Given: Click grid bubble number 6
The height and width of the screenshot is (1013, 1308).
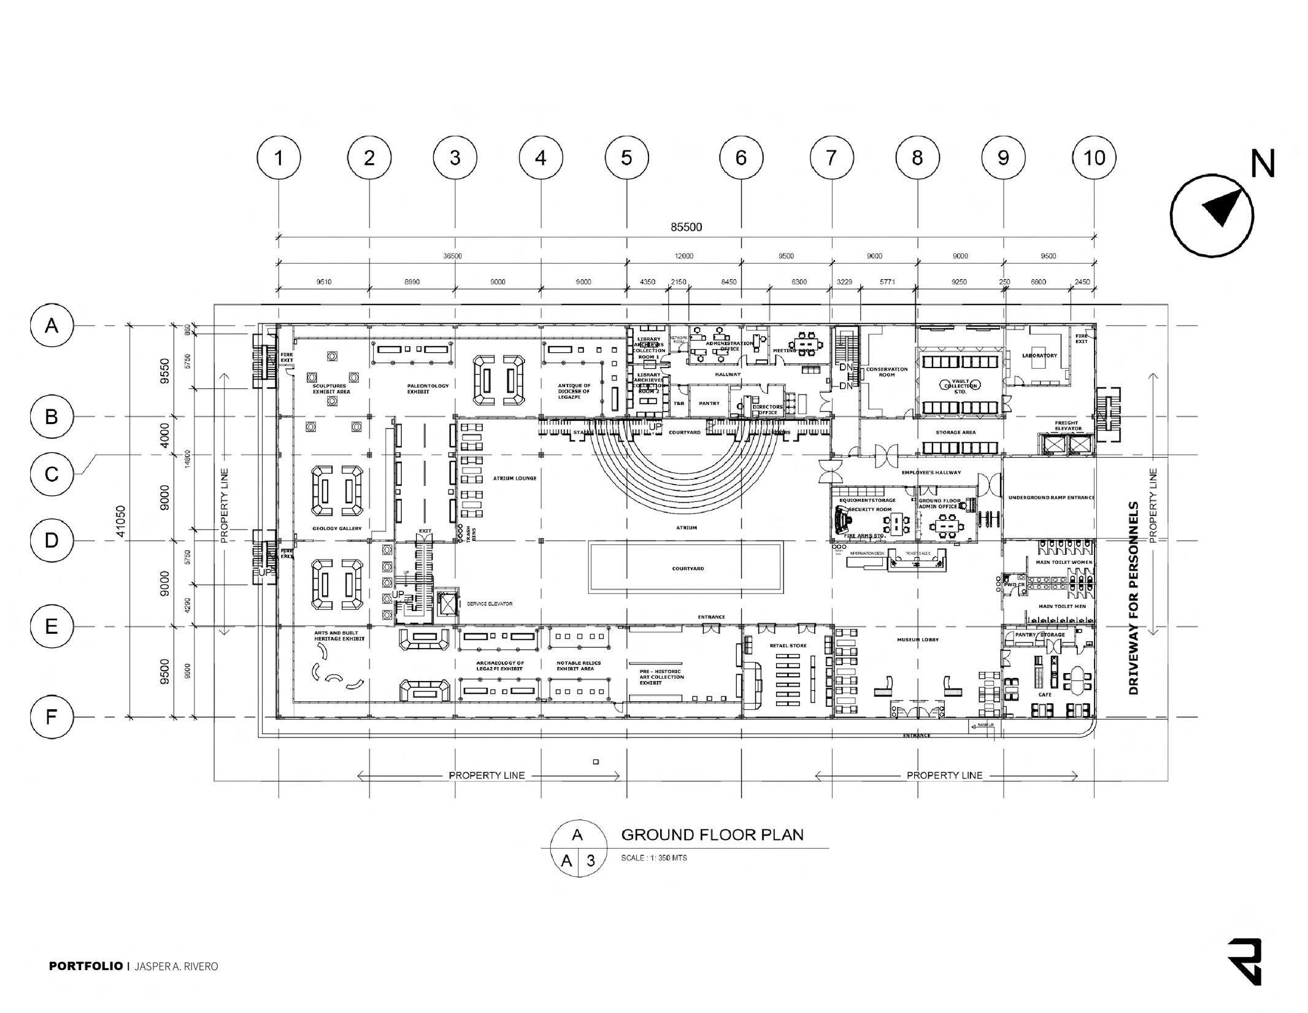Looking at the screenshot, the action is tap(741, 158).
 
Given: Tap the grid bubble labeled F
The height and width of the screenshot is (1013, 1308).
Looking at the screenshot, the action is tap(52, 717).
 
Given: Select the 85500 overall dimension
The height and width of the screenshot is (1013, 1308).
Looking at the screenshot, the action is tap(686, 227).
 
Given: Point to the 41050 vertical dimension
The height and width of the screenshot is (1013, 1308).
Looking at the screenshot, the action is tap(120, 521).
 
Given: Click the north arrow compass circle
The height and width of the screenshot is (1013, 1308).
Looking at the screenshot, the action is tap(1211, 215).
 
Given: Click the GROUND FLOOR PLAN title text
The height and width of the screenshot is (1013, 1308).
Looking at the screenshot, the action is tap(712, 834).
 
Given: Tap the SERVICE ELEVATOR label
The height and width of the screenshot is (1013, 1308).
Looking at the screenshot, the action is tap(489, 604).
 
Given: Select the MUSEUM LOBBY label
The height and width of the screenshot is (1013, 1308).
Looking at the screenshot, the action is tap(918, 640).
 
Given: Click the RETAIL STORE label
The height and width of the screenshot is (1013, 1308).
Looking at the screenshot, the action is tap(788, 645).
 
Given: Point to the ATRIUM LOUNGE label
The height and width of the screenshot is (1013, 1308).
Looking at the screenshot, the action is tap(514, 478).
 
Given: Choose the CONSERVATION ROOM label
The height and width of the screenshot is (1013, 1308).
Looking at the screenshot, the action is tap(887, 372).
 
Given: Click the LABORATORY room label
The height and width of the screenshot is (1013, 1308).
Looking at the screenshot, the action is tap(1039, 356).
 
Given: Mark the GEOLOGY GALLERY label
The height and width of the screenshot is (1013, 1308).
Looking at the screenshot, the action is tap(337, 528).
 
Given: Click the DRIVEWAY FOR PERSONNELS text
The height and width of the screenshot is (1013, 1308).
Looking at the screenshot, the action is tap(1133, 598).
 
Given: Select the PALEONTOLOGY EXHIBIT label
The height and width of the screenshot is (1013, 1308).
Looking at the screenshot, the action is tap(428, 388).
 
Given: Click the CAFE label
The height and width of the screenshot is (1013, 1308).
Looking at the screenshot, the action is tap(1044, 695).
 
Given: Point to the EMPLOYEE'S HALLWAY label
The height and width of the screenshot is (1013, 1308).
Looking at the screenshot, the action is tap(931, 472).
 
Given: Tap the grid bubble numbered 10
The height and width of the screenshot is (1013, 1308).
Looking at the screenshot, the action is tap(1094, 158).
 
